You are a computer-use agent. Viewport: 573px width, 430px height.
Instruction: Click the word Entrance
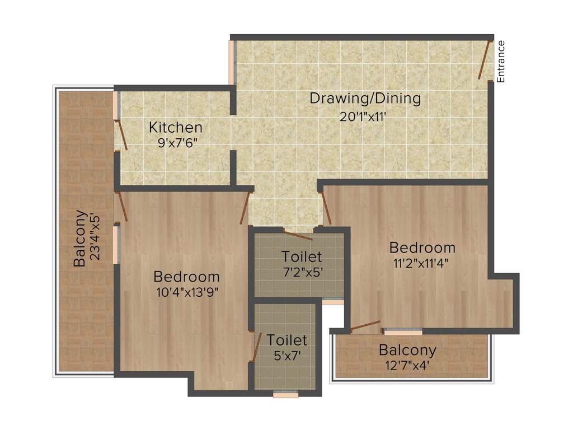501,62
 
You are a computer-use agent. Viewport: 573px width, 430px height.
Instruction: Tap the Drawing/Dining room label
365,99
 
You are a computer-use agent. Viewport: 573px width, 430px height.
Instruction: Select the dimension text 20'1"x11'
364,117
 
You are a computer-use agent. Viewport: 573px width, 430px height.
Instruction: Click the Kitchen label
175,127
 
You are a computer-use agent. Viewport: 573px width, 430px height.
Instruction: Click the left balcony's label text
81,238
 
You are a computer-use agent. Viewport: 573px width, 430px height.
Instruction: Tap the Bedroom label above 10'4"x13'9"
186,277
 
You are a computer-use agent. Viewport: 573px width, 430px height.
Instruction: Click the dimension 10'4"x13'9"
186,292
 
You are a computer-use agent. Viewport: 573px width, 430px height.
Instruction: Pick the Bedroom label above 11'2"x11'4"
422,247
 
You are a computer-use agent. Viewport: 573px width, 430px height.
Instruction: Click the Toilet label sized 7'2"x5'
302,257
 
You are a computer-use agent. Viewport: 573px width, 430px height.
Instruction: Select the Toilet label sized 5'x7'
286,340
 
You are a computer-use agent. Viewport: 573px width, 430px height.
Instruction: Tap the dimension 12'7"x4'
407,366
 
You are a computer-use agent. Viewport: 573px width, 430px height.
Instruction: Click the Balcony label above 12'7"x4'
407,351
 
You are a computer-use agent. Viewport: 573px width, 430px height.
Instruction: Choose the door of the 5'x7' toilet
256,347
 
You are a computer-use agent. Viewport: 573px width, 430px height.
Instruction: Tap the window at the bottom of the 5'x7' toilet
285,394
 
